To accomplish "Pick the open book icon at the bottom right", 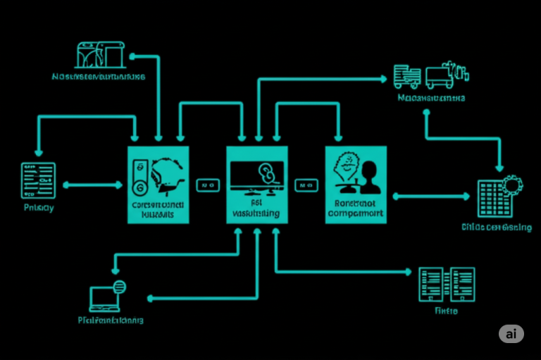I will pos(446,285).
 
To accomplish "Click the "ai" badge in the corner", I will pos(511,334).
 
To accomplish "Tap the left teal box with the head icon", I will pos(158,185).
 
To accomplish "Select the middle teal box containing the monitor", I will pos(257,185).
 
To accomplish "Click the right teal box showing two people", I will pos(356,185).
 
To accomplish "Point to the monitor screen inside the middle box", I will pos(256,174).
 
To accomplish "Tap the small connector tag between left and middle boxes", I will pos(207,185).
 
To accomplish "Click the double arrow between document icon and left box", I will pos(92,185).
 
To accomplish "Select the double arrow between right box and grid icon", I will pos(430,196).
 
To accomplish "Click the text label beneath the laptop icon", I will pos(110,320).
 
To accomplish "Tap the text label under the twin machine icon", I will pos(99,76).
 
